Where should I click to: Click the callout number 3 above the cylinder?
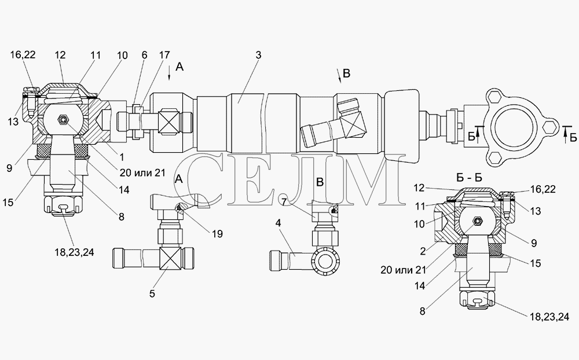pyautogui.click(x=258, y=55)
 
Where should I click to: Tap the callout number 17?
pyautogui.click(x=164, y=55)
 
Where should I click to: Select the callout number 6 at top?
pyautogui.click(x=144, y=55)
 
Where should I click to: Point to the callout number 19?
pyautogui.click(x=218, y=234)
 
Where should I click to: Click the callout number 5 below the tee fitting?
pyautogui.click(x=152, y=294)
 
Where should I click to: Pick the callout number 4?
pyautogui.click(x=278, y=223)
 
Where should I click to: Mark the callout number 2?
pyautogui.click(x=423, y=251)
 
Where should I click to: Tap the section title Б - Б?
pyautogui.click(x=470, y=178)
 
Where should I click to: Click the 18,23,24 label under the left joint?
pyautogui.click(x=74, y=252)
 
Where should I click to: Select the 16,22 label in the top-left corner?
pyautogui.click(x=23, y=54)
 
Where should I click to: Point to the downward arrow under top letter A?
pyautogui.click(x=169, y=73)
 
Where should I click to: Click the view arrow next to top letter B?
pyautogui.click(x=339, y=76)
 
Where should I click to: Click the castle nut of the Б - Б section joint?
pyautogui.click(x=477, y=299)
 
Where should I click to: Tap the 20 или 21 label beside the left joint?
pyautogui.click(x=142, y=172)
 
